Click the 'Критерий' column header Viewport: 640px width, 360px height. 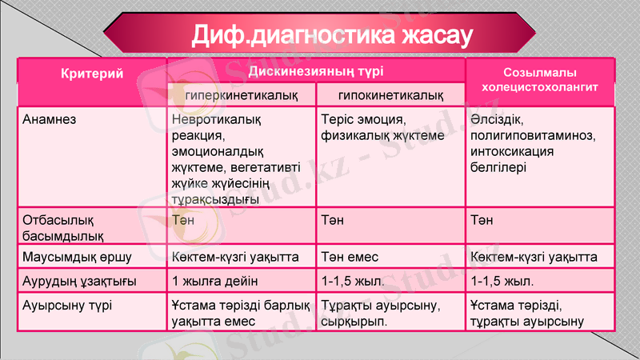point(92,74)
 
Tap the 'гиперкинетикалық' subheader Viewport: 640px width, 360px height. point(242,95)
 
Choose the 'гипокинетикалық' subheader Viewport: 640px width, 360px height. point(391,95)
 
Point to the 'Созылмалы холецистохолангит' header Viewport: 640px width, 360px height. point(541,81)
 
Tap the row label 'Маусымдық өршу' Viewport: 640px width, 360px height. point(77,258)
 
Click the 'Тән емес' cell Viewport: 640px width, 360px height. point(349,258)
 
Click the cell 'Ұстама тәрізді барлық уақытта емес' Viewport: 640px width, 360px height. point(240,312)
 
